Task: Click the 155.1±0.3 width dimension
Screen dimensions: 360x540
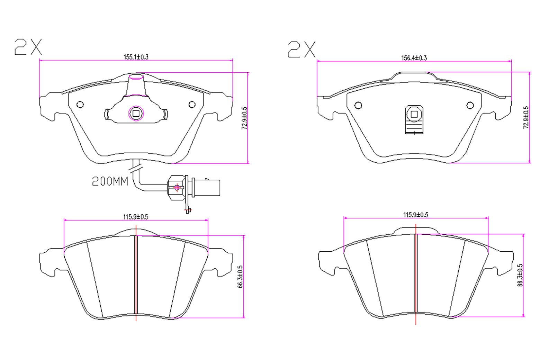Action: (136, 57)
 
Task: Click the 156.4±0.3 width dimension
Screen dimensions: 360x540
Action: (414, 58)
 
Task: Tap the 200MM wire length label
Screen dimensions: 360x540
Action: (110, 181)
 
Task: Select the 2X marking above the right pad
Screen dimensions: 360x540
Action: (302, 49)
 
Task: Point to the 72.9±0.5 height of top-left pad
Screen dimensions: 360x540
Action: (244, 118)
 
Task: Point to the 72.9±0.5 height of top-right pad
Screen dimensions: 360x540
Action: (526, 118)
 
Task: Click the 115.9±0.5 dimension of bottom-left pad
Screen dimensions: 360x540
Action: (136, 217)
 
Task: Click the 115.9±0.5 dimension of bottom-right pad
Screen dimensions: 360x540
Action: (415, 215)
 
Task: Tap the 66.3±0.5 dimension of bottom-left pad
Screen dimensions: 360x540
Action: (240, 277)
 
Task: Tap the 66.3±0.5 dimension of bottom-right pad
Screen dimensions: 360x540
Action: (520, 275)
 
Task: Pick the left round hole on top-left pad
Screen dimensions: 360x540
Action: (80, 104)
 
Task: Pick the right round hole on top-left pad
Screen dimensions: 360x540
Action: (192, 104)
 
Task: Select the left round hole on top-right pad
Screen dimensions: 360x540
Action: (358, 105)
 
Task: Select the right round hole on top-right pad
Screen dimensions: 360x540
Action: (470, 105)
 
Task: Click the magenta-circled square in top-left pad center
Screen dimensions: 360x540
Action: (136, 113)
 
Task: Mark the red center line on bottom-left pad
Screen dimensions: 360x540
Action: (136, 273)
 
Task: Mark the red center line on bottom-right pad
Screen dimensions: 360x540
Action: (416, 273)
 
